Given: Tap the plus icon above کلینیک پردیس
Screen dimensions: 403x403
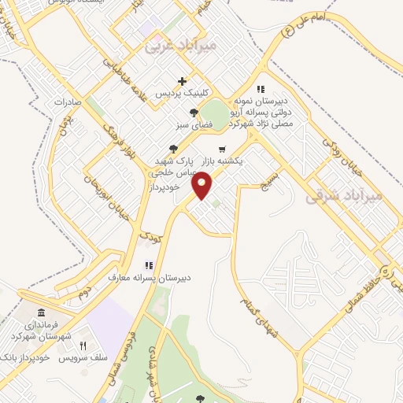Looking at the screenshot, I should tap(182, 80).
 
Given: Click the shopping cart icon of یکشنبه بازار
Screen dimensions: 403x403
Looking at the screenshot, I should tap(222, 149).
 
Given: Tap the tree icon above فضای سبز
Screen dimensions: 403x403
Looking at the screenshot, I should tap(183, 112).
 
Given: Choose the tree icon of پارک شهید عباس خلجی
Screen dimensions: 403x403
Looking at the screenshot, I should tap(173, 148).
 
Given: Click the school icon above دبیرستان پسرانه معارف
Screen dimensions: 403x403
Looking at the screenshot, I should tap(149, 265).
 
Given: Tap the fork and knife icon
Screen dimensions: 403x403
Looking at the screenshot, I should tap(81, 346).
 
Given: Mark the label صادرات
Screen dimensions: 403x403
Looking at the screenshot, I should tap(68, 102).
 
